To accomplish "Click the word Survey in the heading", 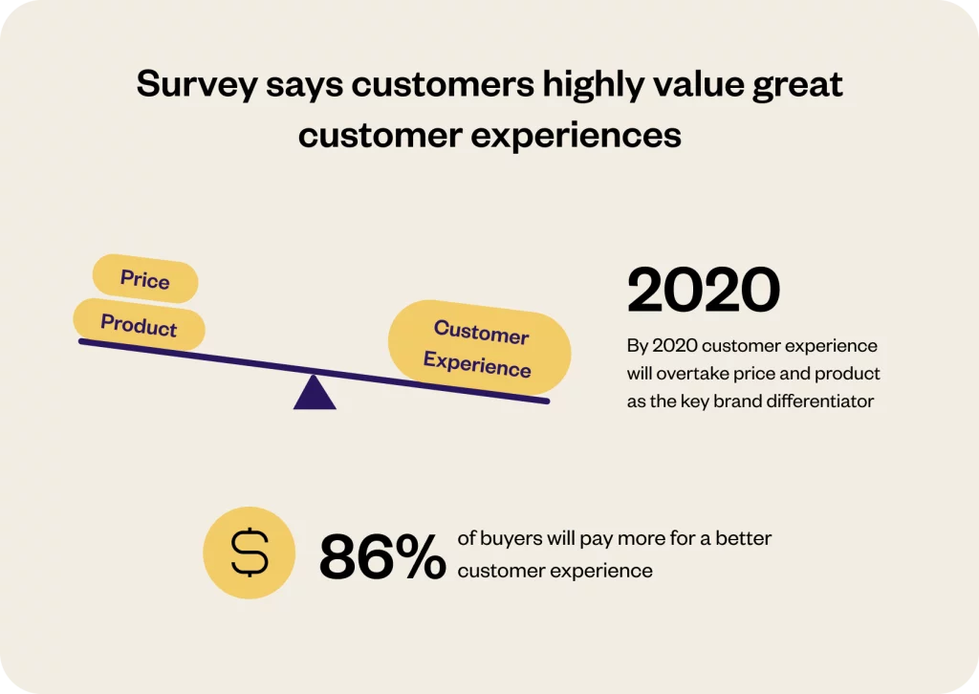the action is click(x=197, y=85).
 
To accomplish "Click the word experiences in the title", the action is click(x=576, y=136).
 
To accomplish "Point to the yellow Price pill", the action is click(x=145, y=279).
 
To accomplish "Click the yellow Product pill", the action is click(x=139, y=324).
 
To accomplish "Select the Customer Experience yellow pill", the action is click(x=479, y=348).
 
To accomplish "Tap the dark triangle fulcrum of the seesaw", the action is click(x=315, y=393).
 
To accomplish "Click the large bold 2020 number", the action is click(x=704, y=290).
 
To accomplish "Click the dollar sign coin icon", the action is click(x=250, y=553).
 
